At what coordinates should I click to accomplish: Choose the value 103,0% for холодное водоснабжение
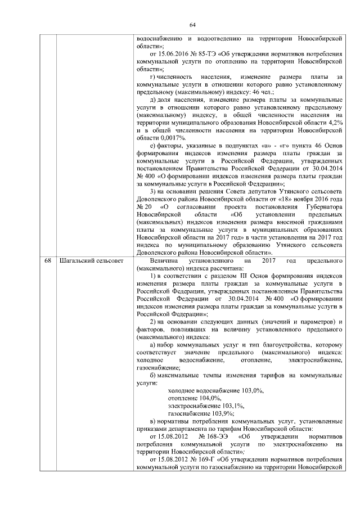point(251,389)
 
